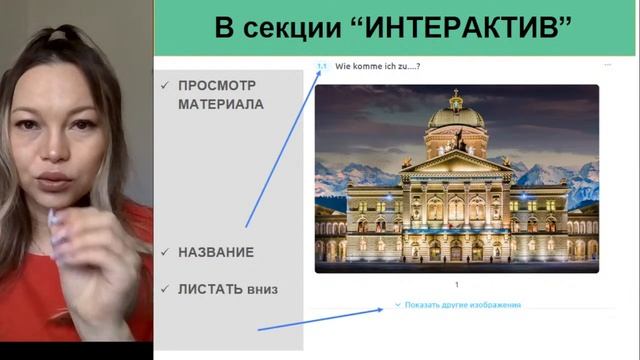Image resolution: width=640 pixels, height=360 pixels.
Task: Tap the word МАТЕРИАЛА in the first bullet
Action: (x=221, y=103)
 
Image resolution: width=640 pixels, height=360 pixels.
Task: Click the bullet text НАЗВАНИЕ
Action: (x=216, y=252)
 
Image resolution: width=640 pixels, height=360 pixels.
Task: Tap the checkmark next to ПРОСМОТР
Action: (x=165, y=85)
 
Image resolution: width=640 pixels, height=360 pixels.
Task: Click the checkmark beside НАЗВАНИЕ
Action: (x=165, y=252)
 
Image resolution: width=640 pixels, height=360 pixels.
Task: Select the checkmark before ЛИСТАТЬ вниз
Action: (x=165, y=289)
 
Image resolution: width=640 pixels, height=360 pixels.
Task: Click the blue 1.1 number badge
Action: (x=322, y=67)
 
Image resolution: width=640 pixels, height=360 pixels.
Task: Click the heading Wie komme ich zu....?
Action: (x=377, y=67)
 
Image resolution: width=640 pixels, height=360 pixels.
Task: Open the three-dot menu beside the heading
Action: (x=607, y=66)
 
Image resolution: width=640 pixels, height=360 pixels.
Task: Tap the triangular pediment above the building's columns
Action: (x=456, y=162)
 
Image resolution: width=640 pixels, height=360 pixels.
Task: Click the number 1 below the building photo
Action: (x=457, y=285)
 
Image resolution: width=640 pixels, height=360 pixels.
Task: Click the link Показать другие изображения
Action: (x=463, y=305)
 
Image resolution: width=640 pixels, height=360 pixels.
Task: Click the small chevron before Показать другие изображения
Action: (x=398, y=305)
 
